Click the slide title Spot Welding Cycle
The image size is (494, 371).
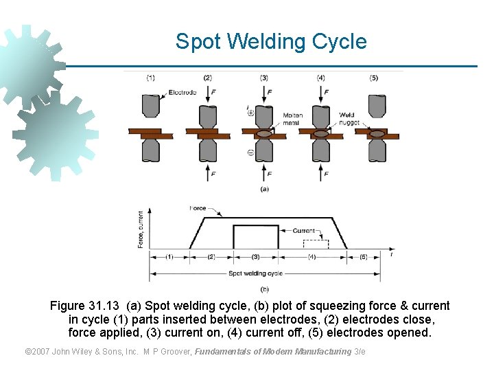[x=271, y=41]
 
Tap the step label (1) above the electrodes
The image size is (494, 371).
[x=150, y=78]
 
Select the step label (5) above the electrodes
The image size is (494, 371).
[x=374, y=78]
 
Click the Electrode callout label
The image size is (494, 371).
[x=182, y=92]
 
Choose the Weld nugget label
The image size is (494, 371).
[x=349, y=119]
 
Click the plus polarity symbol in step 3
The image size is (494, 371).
[x=250, y=112]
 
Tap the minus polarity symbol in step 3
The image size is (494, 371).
[x=250, y=153]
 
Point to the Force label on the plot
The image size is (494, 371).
[x=198, y=208]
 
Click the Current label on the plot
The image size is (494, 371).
[x=304, y=231]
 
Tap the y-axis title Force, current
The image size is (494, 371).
[x=141, y=229]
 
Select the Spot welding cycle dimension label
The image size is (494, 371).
[x=255, y=273]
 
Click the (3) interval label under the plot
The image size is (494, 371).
[x=255, y=257]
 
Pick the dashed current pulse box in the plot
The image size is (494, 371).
[x=316, y=244]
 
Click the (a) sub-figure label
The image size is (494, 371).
[x=264, y=188]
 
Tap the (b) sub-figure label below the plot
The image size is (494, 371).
[x=264, y=289]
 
